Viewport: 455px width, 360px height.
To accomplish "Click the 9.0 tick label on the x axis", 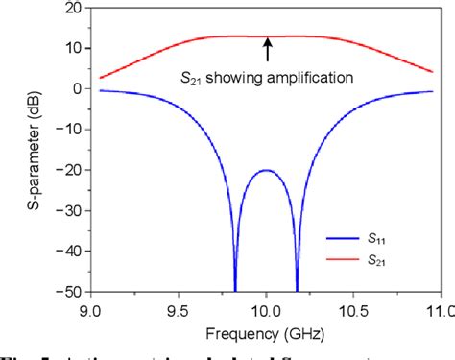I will (x=92, y=310).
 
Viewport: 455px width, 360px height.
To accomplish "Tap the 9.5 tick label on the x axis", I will (x=180, y=310).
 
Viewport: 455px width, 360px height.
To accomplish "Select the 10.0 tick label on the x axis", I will (x=266, y=310).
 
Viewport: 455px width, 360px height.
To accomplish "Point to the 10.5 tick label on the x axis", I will (x=353, y=310).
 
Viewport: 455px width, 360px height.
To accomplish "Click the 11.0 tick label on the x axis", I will (x=437, y=310).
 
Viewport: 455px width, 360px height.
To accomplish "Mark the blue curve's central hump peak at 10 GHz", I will (x=266, y=171).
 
